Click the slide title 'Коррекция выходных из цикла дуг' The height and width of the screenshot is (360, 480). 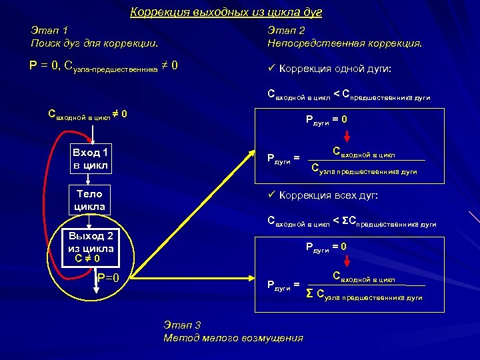tap(226, 13)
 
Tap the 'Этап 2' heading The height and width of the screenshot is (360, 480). tap(286, 30)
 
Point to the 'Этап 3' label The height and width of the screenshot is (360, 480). tap(182, 325)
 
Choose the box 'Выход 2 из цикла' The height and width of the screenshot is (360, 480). tap(90, 247)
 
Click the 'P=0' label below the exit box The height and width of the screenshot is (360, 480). tap(107, 278)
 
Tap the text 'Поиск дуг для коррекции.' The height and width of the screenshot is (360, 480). tap(94, 43)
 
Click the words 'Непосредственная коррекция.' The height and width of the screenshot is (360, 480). tap(344, 43)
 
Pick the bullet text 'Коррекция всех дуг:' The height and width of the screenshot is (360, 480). tap(329, 195)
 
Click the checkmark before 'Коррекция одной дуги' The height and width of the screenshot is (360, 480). tap(271, 69)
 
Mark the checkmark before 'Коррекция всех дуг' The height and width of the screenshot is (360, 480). tap(271, 195)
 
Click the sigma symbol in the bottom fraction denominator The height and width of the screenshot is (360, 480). tap(309, 294)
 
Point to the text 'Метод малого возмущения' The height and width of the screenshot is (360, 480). tap(233, 338)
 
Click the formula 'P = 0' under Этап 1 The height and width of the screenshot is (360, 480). tap(43, 66)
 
